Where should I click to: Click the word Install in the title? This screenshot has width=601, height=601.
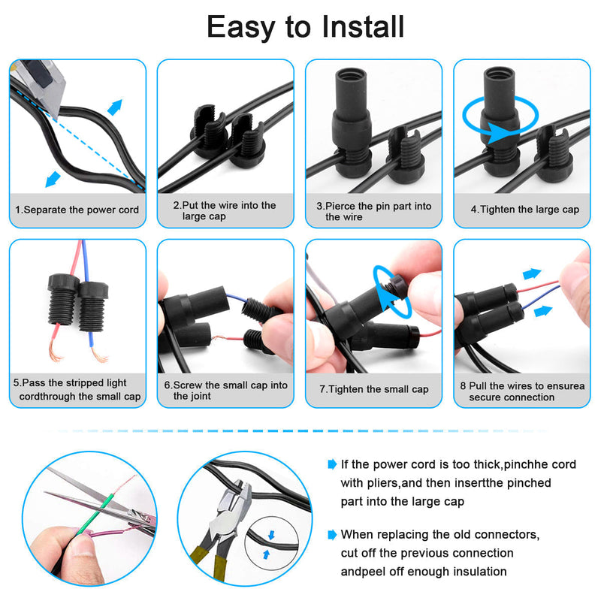[363, 26]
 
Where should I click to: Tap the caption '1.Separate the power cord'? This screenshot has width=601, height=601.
[77, 210]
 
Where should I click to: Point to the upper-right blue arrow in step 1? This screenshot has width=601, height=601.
[115, 107]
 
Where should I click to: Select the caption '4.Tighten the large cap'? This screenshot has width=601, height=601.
[524, 210]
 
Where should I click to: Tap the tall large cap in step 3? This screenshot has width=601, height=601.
[352, 122]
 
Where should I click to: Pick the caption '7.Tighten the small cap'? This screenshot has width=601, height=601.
[373, 389]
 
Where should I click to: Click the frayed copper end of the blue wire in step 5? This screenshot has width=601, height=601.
[100, 355]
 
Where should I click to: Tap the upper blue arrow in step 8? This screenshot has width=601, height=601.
[532, 273]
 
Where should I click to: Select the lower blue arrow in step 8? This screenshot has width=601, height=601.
[543, 311]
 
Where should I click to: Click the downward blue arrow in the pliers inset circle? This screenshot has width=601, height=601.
[271, 535]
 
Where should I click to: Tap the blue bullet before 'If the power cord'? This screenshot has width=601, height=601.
[332, 464]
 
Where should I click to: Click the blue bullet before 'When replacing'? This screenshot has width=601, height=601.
[332, 535]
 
